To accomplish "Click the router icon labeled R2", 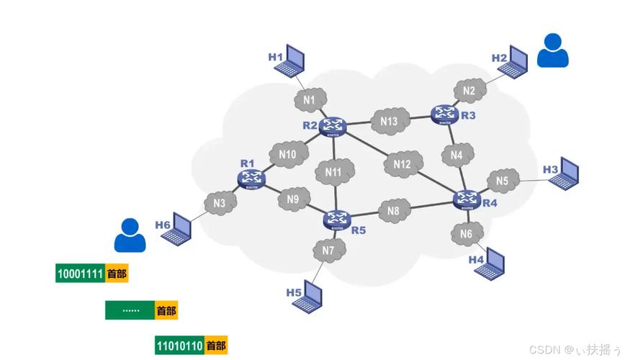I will tap(333, 127).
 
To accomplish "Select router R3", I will tap(445, 113).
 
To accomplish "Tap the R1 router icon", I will tap(251, 177).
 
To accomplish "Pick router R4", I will tap(467, 199).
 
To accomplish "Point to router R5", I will tap(336, 217).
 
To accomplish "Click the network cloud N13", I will tap(389, 121).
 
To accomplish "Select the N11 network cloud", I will tap(333, 172).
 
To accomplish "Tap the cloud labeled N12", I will tap(402, 165).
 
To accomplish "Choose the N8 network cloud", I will tap(393, 211).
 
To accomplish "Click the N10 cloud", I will tap(287, 153).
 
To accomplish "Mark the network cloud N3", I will tap(220, 203).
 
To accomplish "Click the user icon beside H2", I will tap(553, 50).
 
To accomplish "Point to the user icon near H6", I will tap(130, 235).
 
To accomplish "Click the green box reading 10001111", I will tap(80, 274).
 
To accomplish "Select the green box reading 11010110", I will tap(179, 346).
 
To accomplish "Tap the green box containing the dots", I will tap(130, 310).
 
